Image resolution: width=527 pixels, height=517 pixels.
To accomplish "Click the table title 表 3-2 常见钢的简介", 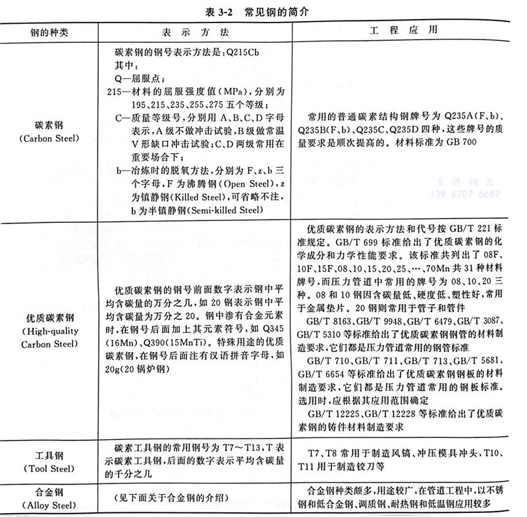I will [263, 12].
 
